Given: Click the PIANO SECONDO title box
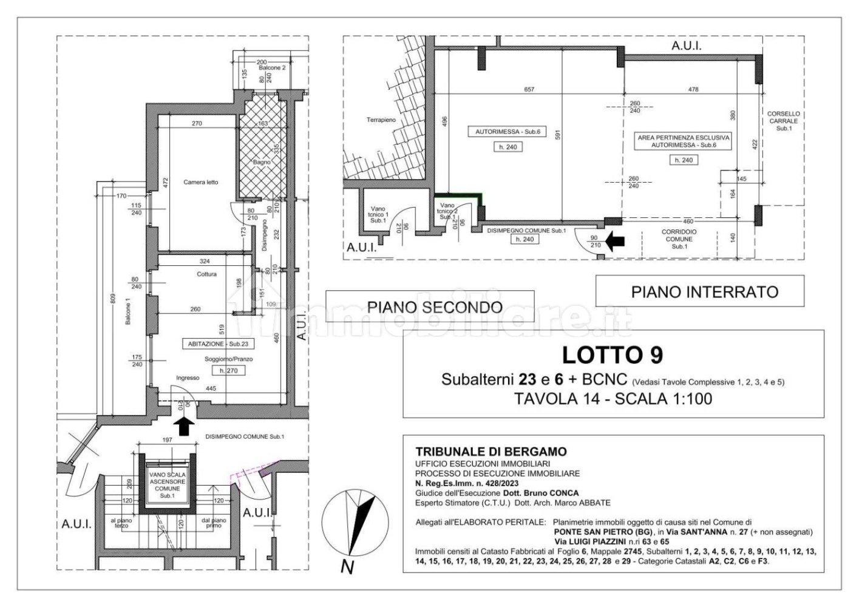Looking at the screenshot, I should click(x=429, y=307).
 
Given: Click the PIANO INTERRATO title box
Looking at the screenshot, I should click(x=699, y=292).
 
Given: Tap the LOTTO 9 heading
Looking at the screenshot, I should click(x=613, y=354).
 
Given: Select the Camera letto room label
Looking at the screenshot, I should click(x=200, y=182).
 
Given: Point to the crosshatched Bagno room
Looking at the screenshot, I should click(x=262, y=152).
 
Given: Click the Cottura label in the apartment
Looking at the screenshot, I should click(x=206, y=274).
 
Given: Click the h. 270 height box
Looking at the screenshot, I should click(x=228, y=370).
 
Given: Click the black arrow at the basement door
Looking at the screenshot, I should click(x=616, y=242).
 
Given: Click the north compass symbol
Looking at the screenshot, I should click(x=355, y=522).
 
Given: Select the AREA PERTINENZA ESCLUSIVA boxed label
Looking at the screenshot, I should click(x=683, y=141).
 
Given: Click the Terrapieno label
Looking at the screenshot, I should click(x=381, y=120).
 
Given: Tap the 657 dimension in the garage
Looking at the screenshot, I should click(x=529, y=89).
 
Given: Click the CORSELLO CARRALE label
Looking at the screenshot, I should click(x=784, y=121).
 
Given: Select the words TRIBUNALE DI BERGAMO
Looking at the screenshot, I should click(x=491, y=452).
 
